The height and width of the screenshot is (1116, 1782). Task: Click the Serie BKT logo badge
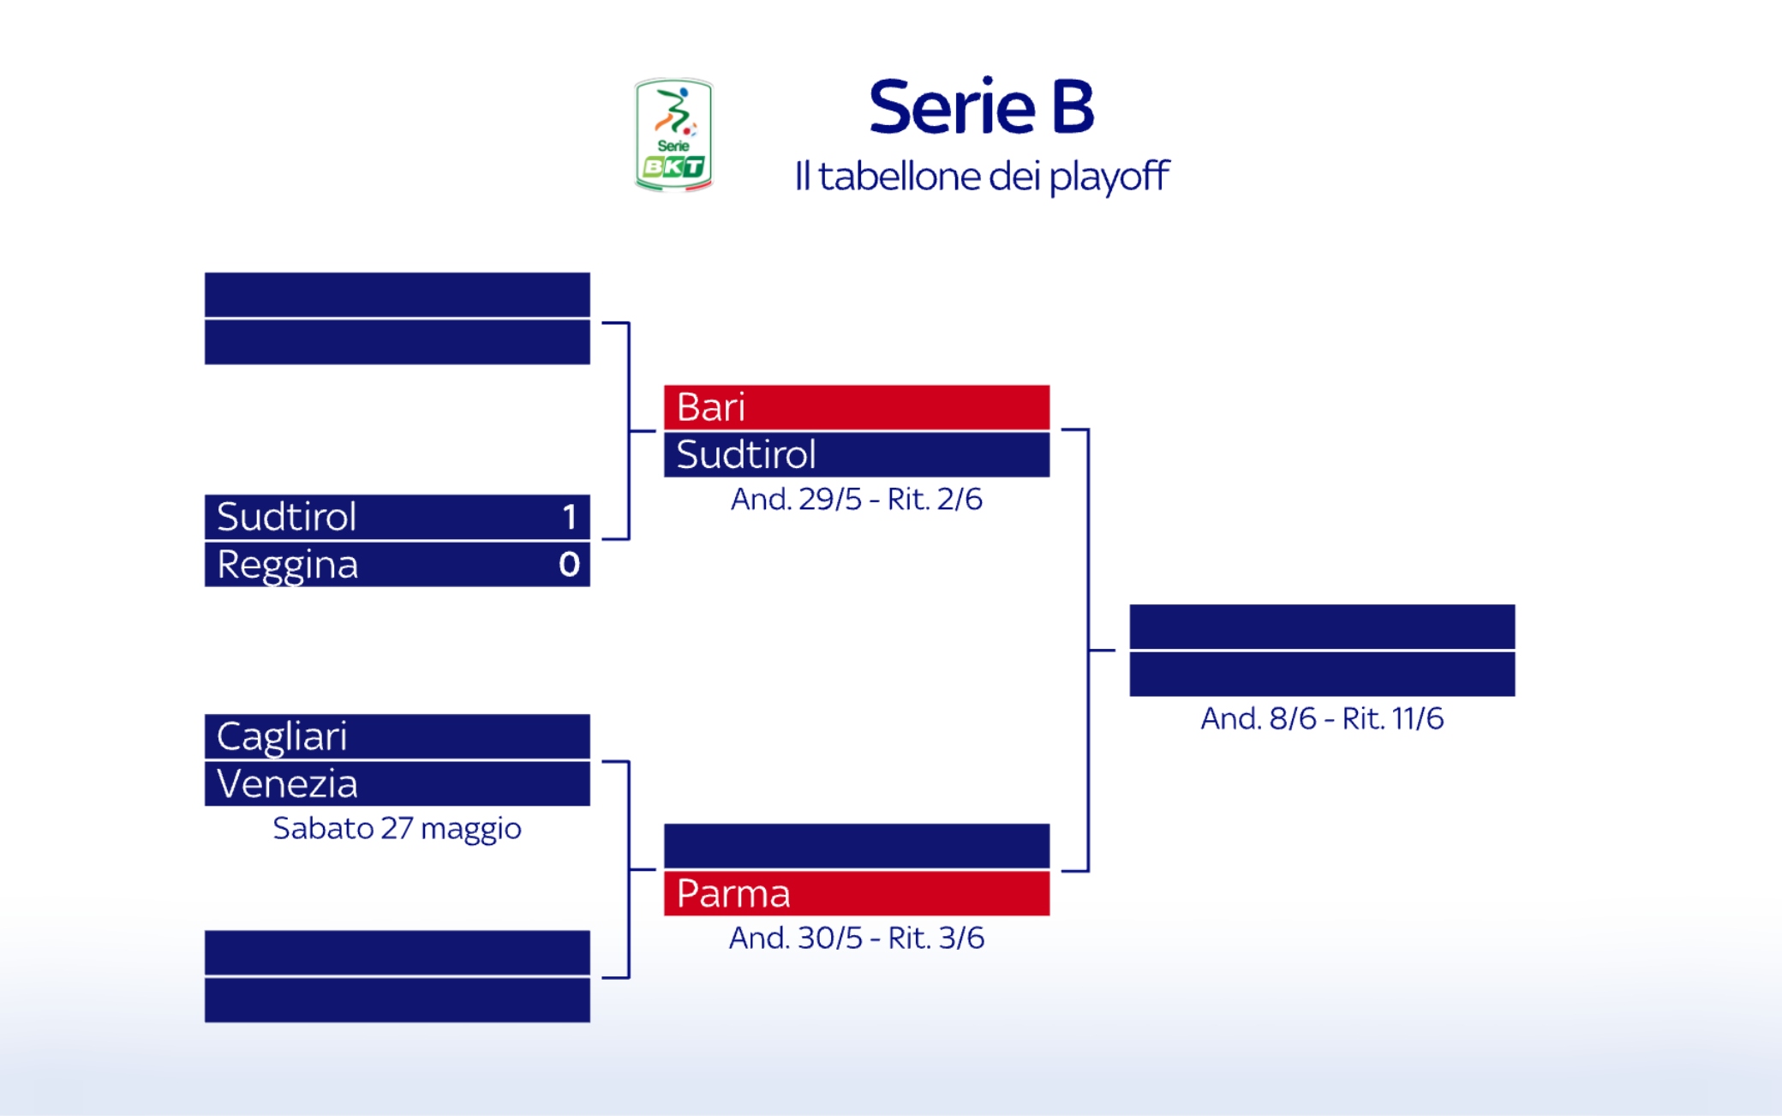tap(673, 135)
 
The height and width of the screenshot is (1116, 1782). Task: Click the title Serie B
tap(981, 107)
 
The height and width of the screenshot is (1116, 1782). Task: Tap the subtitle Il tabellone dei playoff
tap(981, 177)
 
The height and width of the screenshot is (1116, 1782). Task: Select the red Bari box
tap(856, 407)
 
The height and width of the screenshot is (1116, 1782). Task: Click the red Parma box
tap(856, 894)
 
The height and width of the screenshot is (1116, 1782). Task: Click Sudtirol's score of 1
tap(569, 517)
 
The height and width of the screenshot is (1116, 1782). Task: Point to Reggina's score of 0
tap(569, 565)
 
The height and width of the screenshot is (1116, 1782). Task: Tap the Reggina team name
tap(287, 565)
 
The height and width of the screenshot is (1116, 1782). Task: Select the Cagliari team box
tap(397, 736)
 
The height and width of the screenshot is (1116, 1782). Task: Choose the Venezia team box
tap(397, 784)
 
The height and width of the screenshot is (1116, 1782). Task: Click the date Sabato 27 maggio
tap(397, 829)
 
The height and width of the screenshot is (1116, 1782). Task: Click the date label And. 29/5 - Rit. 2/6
tap(856, 500)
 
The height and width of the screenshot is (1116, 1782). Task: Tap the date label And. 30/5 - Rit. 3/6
tap(856, 939)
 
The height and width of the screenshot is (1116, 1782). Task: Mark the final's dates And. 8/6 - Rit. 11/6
tap(1321, 719)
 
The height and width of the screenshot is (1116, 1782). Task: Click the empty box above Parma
tap(856, 846)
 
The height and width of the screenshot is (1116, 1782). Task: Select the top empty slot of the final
tap(1321, 627)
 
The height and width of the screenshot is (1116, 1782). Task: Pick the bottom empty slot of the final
tap(1321, 675)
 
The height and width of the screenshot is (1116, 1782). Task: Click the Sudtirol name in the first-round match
tap(287, 517)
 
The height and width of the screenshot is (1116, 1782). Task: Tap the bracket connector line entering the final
tap(1102, 651)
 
